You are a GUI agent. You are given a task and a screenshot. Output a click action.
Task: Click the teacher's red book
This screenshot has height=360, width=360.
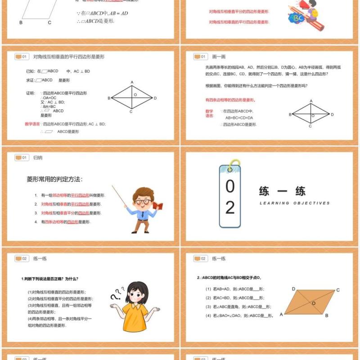tap(157, 206)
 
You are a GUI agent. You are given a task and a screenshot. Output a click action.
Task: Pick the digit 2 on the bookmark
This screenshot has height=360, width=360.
tap(230, 207)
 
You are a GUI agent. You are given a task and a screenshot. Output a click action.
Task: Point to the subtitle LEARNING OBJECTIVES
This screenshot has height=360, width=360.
tap(294, 203)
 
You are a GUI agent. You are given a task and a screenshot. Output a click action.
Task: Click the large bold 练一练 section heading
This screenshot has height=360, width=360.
tap(282, 191)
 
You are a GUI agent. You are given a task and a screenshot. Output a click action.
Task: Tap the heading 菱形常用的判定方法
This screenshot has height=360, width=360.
tap(54, 179)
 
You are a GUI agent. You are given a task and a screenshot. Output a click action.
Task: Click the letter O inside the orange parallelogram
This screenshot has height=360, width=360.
tap(314, 303)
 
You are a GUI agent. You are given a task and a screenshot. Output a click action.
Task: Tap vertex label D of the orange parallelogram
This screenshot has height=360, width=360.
tap(293, 289)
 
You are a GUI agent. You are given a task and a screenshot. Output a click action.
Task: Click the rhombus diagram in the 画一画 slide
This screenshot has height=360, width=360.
tap(311, 113)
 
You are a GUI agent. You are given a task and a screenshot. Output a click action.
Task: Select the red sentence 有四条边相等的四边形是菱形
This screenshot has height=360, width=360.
tap(230, 100)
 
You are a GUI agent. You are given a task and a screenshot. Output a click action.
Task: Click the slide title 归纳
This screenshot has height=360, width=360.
tap(38, 158)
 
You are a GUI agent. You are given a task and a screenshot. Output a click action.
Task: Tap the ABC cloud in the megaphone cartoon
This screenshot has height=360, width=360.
tap(297, 18)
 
